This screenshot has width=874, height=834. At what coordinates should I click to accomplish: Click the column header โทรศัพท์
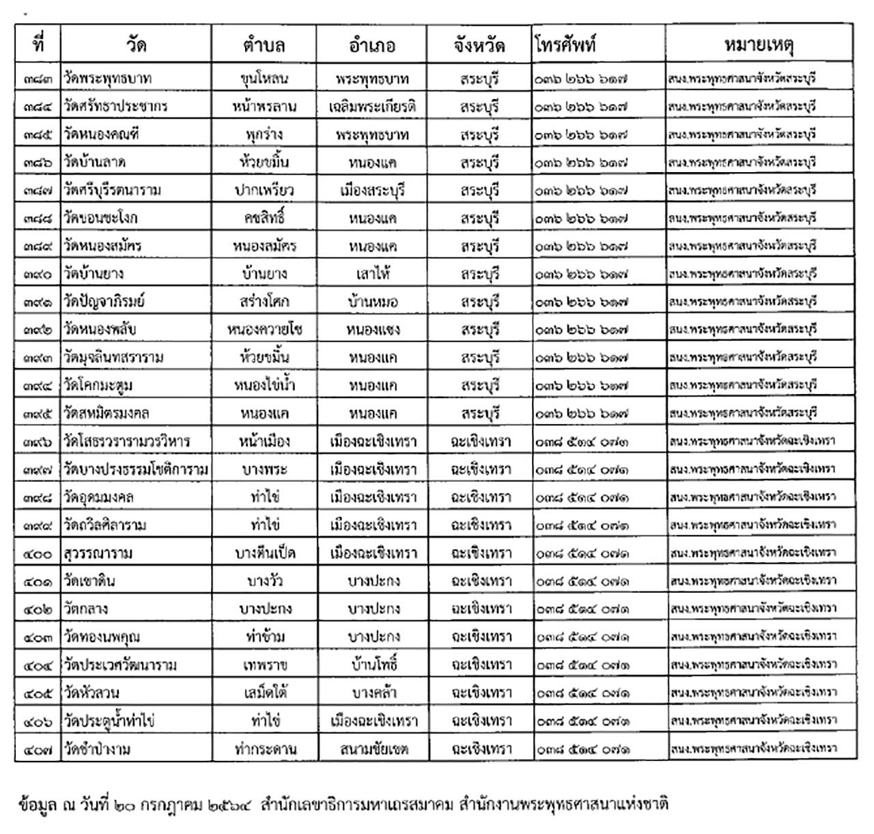click(566, 45)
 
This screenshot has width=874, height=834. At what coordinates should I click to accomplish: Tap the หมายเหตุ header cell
click(759, 45)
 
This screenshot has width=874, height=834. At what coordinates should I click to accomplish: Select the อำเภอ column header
click(372, 46)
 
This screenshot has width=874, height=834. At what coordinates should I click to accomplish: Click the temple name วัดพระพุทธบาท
click(108, 79)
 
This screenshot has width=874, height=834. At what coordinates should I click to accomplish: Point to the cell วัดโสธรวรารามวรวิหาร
click(127, 441)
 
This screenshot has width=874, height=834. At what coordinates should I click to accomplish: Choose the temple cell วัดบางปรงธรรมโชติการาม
click(136, 469)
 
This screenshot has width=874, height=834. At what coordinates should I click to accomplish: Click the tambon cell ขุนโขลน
click(264, 79)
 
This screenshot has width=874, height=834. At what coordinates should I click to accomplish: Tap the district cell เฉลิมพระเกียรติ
click(372, 107)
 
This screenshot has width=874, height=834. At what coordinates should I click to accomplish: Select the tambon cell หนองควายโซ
click(264, 329)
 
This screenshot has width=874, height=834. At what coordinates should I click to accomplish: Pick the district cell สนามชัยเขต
click(373, 749)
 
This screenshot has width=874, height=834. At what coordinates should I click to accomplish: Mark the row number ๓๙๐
click(38, 274)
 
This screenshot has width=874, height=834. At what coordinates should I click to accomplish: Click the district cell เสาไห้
click(372, 274)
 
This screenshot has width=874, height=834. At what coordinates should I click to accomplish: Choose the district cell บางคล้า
click(373, 693)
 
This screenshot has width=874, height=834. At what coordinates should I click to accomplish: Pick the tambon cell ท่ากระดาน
click(264, 749)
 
